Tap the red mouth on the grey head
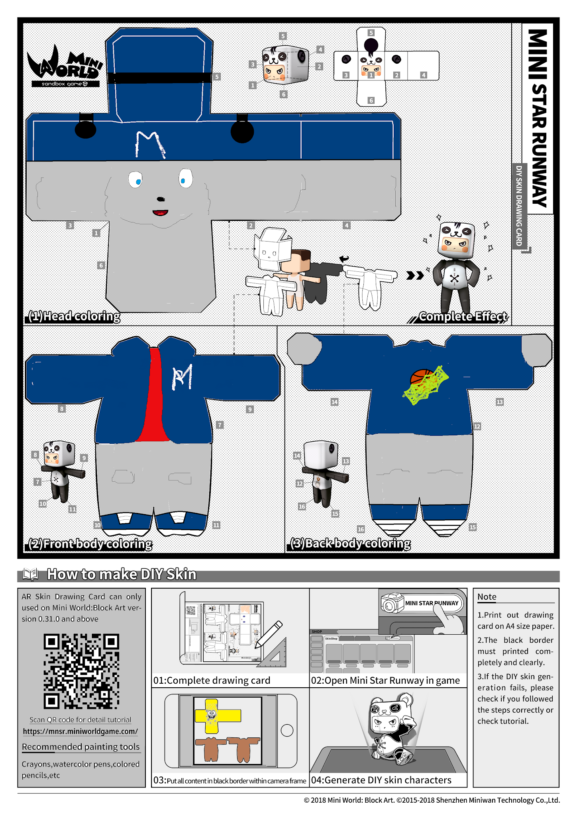point(160,213)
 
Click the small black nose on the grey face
point(161,199)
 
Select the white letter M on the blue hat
point(149,144)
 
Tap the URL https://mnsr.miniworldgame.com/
point(80,731)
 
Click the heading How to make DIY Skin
point(122,574)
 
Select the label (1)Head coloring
point(74,316)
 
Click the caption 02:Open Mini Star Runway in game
point(385,680)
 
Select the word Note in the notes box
point(487,597)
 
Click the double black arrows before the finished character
point(415,275)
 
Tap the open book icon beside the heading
point(31,574)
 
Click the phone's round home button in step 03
point(287,730)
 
